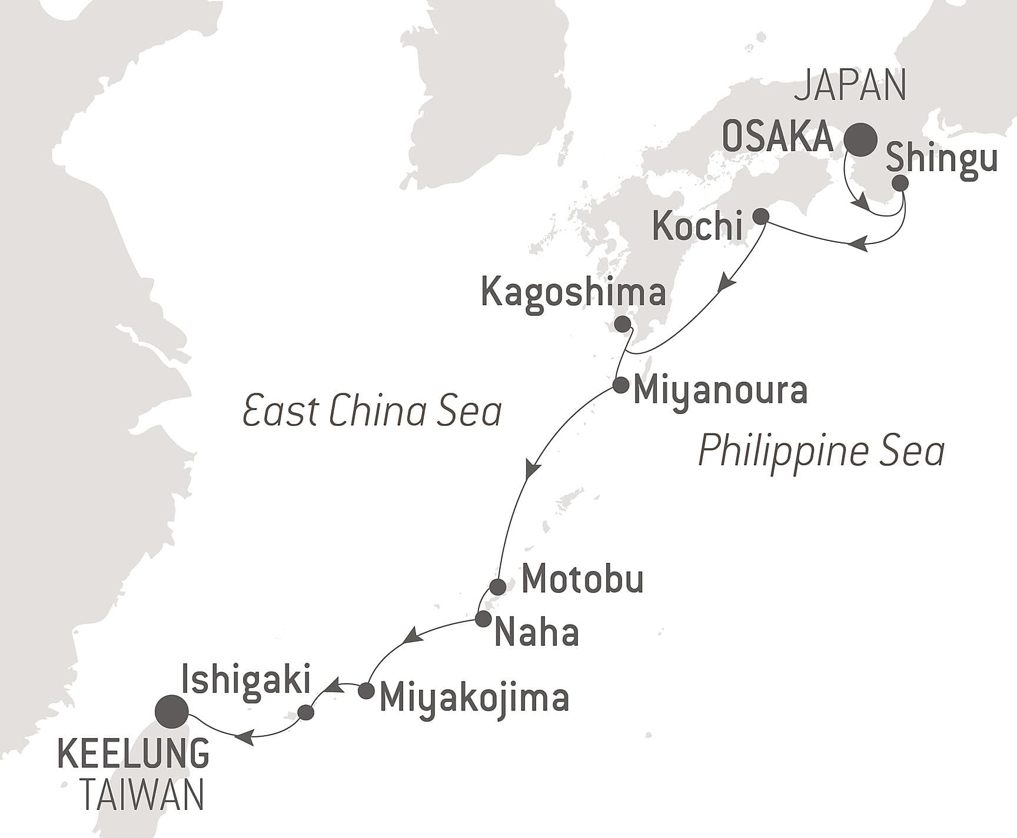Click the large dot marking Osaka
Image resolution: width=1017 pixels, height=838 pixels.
860,140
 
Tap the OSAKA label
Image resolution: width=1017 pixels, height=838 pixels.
777,138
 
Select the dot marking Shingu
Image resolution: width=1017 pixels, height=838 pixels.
900,183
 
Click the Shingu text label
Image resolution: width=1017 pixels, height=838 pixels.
941,159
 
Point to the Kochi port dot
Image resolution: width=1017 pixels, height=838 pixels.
761,216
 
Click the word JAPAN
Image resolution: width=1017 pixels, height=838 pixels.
850,86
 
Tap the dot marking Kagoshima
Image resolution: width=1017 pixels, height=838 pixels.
621,324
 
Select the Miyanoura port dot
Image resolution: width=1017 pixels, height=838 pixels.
620,386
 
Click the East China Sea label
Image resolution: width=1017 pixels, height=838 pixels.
372,411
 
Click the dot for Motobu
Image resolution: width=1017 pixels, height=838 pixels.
498,586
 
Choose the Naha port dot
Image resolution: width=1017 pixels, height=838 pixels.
483,619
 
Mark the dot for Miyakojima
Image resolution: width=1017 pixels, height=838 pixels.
366,690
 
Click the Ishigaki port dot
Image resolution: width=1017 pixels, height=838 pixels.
306,713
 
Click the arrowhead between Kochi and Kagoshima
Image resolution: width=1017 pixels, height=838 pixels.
727,282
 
